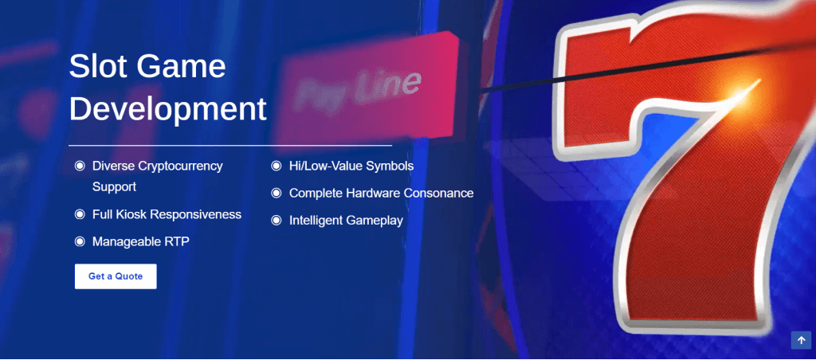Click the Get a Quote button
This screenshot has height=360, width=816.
click(x=116, y=276)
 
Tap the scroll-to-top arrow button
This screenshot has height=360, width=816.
click(x=801, y=340)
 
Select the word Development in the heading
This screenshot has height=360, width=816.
click(x=167, y=108)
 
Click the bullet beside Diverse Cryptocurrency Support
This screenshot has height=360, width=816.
click(x=80, y=166)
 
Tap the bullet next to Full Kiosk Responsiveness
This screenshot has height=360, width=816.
click(x=80, y=214)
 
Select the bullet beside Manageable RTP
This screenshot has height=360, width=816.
click(x=80, y=241)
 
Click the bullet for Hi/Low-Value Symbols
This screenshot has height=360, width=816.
click(x=277, y=166)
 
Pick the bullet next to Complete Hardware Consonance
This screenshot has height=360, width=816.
click(x=277, y=193)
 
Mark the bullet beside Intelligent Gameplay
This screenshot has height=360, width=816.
click(x=277, y=221)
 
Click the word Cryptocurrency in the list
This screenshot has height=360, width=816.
click(x=181, y=166)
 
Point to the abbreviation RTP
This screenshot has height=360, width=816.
click(x=178, y=241)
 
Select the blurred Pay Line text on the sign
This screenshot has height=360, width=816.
click(x=356, y=90)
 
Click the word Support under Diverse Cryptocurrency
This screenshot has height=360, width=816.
click(x=114, y=186)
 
